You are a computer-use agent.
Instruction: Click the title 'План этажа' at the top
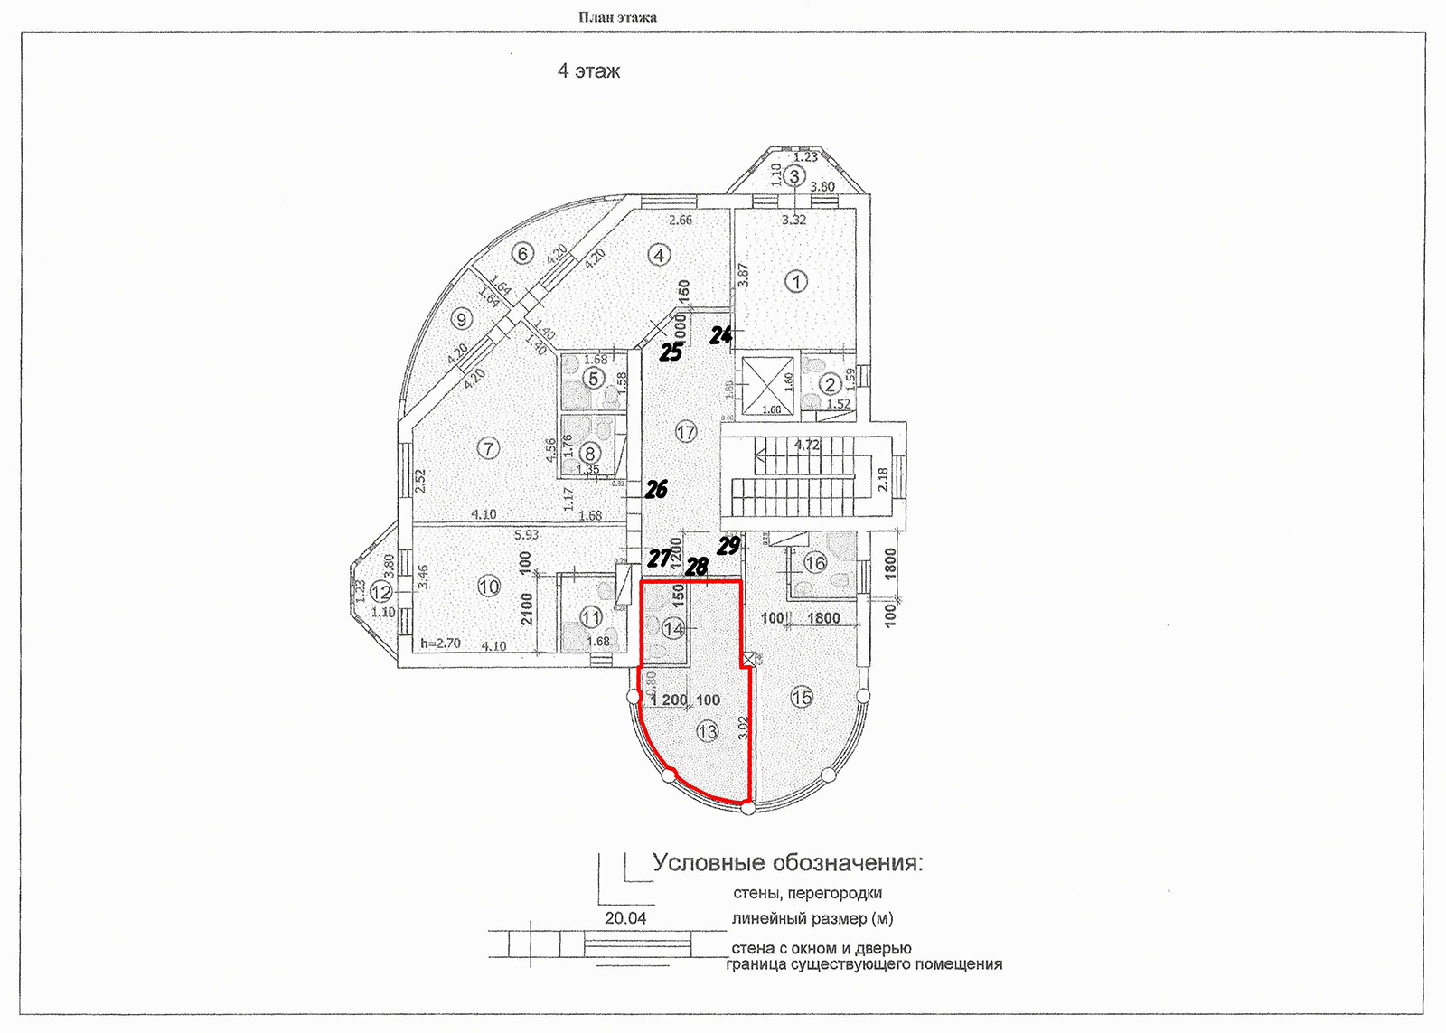617,17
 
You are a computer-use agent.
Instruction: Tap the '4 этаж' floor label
588,71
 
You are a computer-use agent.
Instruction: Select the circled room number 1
795,282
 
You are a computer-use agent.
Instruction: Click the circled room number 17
686,432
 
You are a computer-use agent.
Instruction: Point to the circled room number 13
707,731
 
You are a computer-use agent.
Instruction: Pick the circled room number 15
802,697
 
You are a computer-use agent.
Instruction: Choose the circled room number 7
488,447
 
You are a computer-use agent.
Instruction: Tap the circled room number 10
488,587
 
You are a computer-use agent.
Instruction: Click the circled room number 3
793,176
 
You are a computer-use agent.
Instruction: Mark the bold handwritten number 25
671,352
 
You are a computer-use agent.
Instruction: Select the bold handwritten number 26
656,489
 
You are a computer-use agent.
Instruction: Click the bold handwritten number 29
728,545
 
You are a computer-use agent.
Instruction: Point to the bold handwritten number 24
720,335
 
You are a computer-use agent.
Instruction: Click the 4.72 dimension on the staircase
806,445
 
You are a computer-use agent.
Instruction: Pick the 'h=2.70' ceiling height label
441,643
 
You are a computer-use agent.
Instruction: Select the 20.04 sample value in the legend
625,918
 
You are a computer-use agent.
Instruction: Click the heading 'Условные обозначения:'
787,863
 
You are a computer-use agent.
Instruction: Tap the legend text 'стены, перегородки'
807,894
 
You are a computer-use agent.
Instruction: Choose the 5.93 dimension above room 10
526,535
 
